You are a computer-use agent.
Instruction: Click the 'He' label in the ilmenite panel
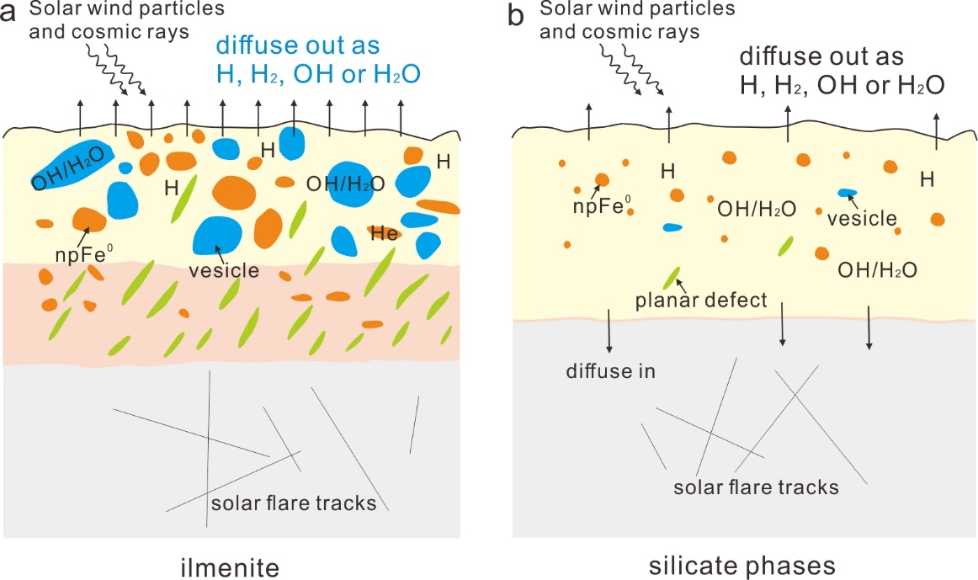385,235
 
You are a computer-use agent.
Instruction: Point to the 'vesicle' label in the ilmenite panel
224,271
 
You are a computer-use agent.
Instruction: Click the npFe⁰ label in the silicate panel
599,201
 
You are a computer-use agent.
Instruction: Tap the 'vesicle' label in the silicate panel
862,218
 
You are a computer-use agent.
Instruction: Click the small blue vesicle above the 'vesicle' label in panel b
847,194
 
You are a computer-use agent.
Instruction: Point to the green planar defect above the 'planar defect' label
672,276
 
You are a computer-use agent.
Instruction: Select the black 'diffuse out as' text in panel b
821,56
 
